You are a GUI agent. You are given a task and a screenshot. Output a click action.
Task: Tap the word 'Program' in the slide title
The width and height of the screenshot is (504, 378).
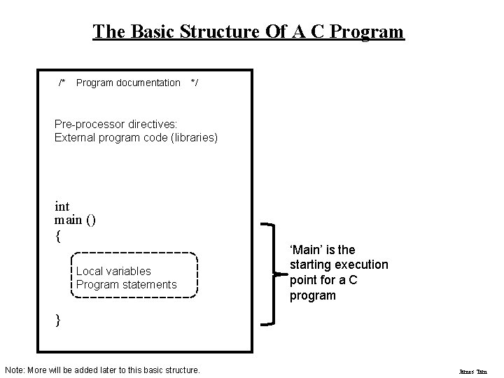pyautogui.click(x=367, y=31)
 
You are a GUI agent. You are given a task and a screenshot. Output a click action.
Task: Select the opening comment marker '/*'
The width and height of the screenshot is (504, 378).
pyautogui.click(x=63, y=83)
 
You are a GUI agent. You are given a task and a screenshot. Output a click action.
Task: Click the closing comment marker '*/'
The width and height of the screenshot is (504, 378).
pyautogui.click(x=194, y=83)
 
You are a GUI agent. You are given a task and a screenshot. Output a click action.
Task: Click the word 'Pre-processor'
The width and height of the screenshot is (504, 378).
pyautogui.click(x=87, y=124)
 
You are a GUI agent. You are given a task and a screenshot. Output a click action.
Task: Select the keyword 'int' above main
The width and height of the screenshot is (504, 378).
pyautogui.click(x=62, y=206)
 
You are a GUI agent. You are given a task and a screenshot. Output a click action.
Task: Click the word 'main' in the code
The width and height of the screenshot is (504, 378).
pyautogui.click(x=67, y=220)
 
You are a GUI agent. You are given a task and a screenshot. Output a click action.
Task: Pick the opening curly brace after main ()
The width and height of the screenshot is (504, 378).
pyautogui.click(x=57, y=236)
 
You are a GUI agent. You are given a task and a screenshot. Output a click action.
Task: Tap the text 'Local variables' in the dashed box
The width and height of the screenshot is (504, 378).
pyautogui.click(x=113, y=271)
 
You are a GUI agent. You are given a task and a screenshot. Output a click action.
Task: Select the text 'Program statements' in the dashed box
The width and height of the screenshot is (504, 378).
pyautogui.click(x=126, y=284)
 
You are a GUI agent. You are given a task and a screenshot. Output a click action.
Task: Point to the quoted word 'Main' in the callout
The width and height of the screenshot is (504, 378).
pyautogui.click(x=306, y=250)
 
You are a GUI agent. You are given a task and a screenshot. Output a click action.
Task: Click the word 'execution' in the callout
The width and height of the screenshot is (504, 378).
pyautogui.click(x=361, y=265)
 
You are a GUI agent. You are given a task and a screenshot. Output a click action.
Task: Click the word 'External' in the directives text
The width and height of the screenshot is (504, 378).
pyautogui.click(x=73, y=137)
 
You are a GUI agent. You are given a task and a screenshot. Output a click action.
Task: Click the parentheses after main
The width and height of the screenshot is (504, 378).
pyautogui.click(x=91, y=220)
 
